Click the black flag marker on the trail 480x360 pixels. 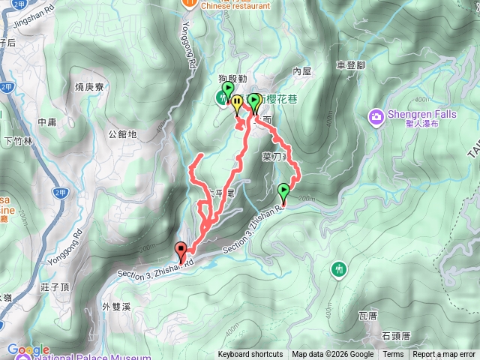click(x=180, y=250)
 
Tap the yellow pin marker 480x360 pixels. click(x=237, y=103)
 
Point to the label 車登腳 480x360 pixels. click(x=351, y=65)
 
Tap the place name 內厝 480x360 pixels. click(x=301, y=71)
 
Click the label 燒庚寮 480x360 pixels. click(x=89, y=87)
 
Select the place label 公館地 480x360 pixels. click(x=122, y=135)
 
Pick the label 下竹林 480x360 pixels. click(x=19, y=140)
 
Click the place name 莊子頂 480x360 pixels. click(x=56, y=286)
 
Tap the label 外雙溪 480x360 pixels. click(x=116, y=307)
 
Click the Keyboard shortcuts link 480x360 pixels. click(x=250, y=355)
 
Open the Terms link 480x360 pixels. click(x=393, y=355)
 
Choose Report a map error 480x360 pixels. click(x=445, y=355)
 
